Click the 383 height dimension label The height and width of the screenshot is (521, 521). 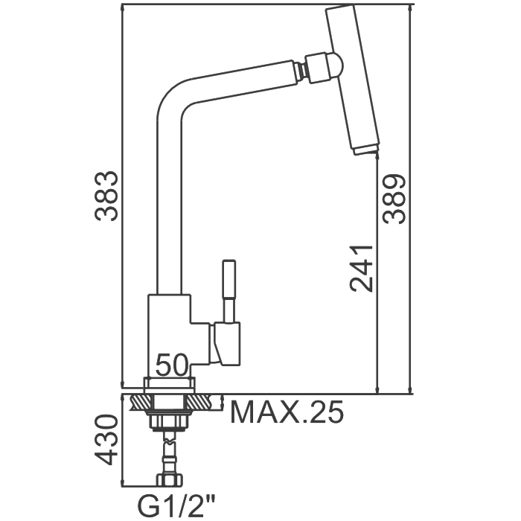pos(106,196)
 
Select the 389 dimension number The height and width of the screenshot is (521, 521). pos(394,199)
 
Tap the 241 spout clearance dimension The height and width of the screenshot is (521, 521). pos(362,269)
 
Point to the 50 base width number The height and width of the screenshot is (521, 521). pos(172,365)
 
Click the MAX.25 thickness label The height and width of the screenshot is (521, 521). pos(287,412)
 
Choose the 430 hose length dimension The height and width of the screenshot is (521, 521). pos(106,440)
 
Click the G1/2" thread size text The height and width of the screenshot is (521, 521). pos(176,506)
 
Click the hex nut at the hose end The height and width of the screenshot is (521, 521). pos(170,480)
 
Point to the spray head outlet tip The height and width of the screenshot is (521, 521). pos(365,150)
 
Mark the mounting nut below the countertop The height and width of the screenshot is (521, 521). pos(170,421)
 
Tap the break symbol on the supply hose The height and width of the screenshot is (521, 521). pos(170,441)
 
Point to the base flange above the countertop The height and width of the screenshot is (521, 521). pos(169,385)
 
